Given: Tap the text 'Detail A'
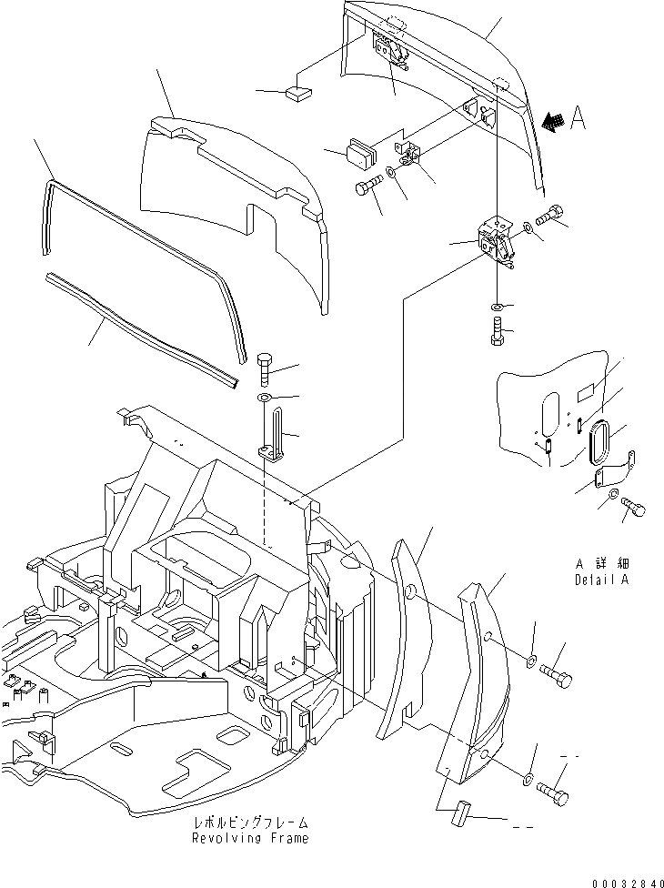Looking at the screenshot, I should (x=601, y=580).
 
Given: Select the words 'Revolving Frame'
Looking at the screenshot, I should (x=249, y=838).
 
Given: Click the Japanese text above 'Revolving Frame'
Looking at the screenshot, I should (x=249, y=822).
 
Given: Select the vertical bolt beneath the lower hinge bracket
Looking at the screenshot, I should (x=497, y=331).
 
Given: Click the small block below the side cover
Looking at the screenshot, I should (x=458, y=812).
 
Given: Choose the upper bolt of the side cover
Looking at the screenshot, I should (x=556, y=674).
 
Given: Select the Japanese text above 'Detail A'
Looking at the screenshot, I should (x=601, y=564).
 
